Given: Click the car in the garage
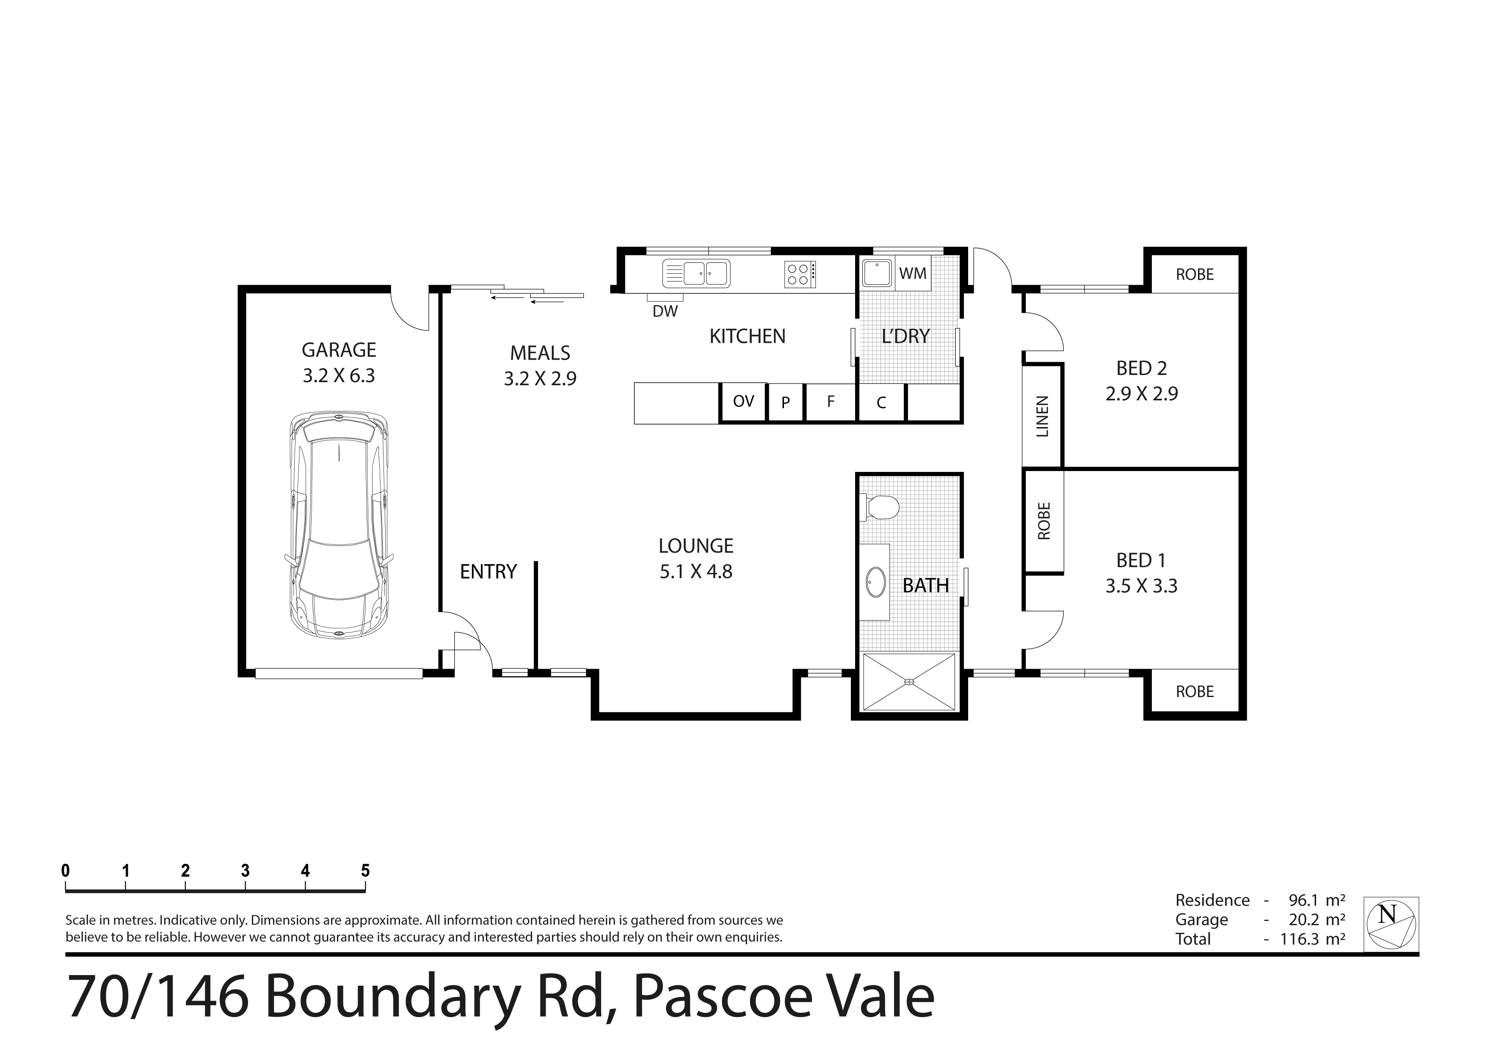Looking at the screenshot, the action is tap(339, 525).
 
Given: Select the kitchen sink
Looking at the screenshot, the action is tap(697, 273).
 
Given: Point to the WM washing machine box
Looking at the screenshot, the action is tap(913, 273).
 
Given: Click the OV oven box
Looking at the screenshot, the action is tap(744, 402).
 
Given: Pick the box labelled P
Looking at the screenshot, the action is tap(786, 402).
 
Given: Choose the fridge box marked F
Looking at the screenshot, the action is tap(831, 402).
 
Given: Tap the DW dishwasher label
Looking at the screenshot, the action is tap(665, 311).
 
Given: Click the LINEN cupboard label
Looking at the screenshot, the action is tap(1042, 416).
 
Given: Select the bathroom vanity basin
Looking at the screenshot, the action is tap(876, 582).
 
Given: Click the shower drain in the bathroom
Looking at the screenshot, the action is tap(909, 681).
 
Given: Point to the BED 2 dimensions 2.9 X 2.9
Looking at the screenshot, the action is tap(1142, 394).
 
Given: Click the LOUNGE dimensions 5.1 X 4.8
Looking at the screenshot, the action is tap(696, 571).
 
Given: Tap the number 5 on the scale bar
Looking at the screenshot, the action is tap(365, 871).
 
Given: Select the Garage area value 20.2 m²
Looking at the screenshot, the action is tap(1317, 919).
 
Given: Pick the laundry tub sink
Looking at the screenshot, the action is tap(878, 273).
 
